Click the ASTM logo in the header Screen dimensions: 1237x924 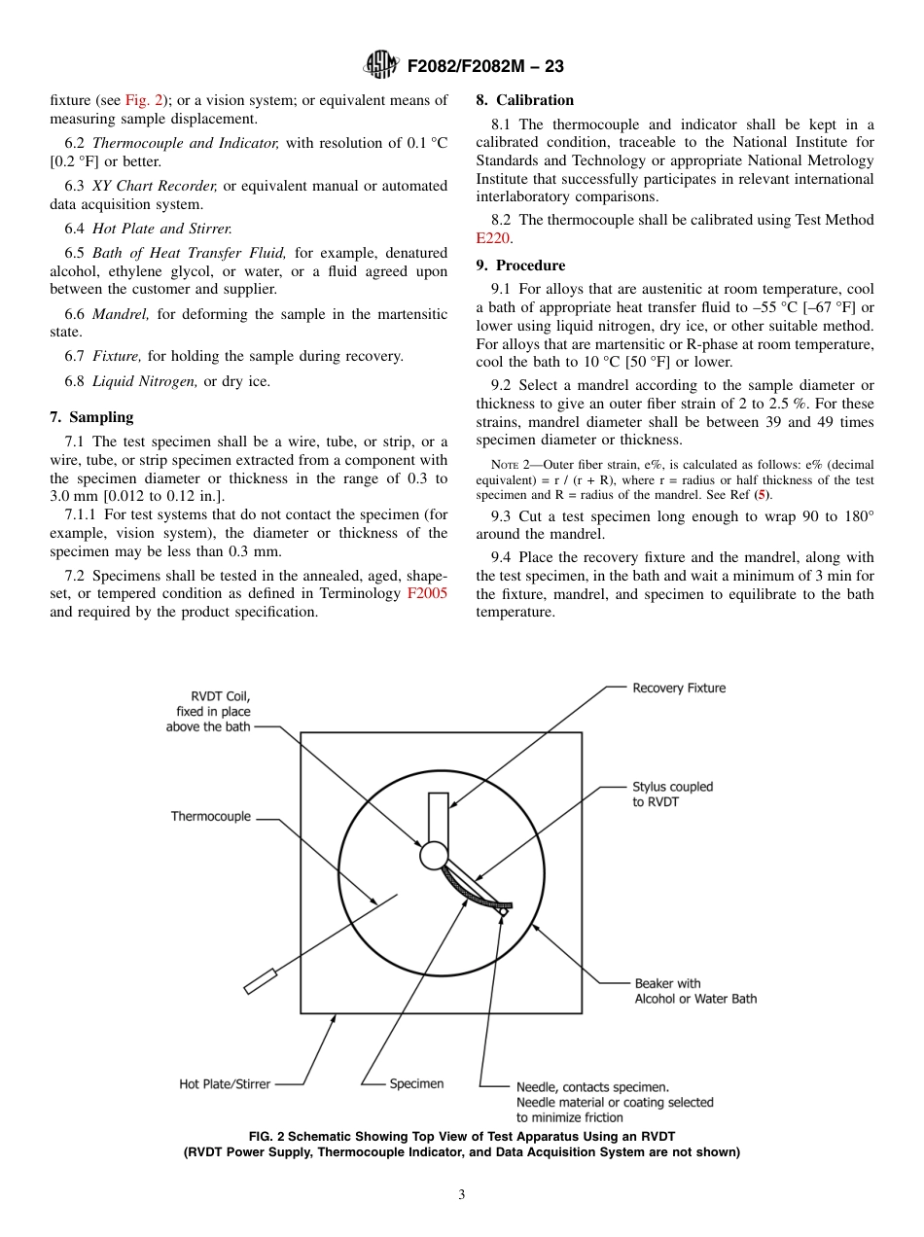click(x=380, y=65)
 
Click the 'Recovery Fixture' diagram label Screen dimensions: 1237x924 click(x=679, y=688)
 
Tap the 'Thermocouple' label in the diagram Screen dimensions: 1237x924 click(x=211, y=817)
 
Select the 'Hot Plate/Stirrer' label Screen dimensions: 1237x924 click(x=225, y=1083)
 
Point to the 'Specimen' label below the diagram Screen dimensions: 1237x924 click(x=416, y=1083)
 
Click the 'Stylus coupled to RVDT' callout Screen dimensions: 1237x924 click(x=672, y=795)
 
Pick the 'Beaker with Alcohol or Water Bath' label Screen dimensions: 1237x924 click(x=694, y=991)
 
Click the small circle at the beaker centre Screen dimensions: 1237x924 click(x=434, y=856)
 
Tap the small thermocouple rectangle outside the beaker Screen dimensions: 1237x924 click(x=260, y=982)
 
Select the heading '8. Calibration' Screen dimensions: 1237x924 click(x=524, y=100)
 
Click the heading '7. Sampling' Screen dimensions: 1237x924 click(x=91, y=417)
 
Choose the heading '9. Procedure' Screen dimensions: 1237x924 click(x=520, y=265)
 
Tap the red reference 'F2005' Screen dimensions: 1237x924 click(x=426, y=593)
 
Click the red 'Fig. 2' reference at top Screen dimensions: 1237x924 click(x=147, y=100)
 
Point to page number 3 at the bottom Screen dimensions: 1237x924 click(x=462, y=1195)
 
